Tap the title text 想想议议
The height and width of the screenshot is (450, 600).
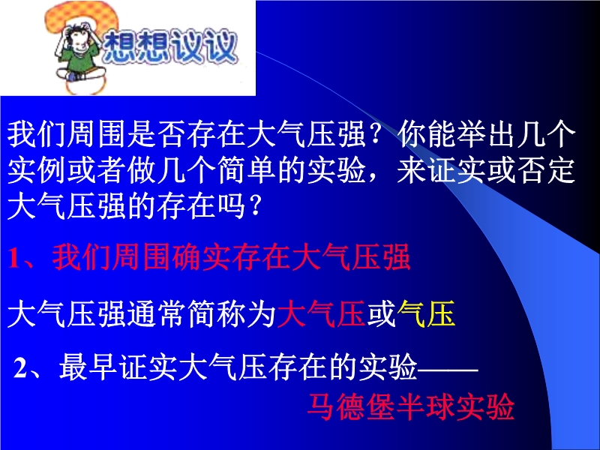(170, 46)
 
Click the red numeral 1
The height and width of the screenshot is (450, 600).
(13, 258)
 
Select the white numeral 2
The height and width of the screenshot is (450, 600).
(20, 368)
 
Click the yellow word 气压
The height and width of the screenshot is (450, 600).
(426, 313)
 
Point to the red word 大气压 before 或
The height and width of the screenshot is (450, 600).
(321, 313)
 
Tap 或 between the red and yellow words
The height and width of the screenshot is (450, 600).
(381, 313)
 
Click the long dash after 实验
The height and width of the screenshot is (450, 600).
(448, 370)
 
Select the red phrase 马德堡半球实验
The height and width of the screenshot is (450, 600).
(410, 406)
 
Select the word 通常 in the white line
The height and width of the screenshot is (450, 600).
(157, 313)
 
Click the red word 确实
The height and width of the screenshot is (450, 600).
(202, 257)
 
